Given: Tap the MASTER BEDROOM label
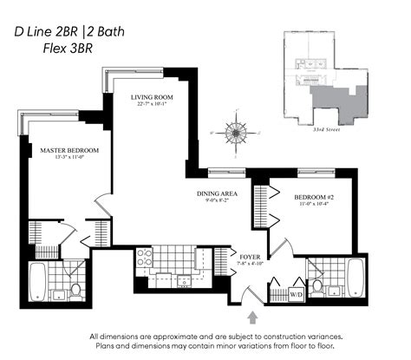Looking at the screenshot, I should [69, 150].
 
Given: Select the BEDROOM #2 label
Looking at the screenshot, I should [308, 195].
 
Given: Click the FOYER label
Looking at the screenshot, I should [249, 256].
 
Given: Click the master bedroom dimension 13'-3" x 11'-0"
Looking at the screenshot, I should [69, 159].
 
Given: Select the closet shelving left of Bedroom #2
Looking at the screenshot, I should [259, 206].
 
